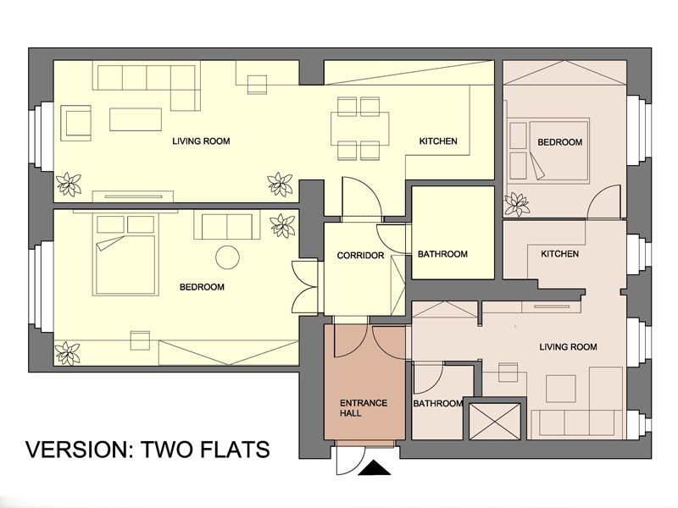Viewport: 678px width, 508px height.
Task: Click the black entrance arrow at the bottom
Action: [375, 468]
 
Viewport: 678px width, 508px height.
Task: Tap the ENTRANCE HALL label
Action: [364, 408]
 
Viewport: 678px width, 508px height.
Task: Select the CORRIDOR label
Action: [361, 256]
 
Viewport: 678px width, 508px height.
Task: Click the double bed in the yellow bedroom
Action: [125, 255]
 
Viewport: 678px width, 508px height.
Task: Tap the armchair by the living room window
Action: [76, 123]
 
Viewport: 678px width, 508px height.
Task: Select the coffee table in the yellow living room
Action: [136, 119]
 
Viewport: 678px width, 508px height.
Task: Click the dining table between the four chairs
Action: [359, 129]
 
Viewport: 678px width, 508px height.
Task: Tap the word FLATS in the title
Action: [235, 450]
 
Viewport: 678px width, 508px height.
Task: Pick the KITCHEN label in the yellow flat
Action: [438, 141]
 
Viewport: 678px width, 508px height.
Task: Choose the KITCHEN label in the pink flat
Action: [560, 254]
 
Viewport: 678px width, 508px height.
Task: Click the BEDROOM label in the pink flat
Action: [560, 142]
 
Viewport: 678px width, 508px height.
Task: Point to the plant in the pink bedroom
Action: [517, 204]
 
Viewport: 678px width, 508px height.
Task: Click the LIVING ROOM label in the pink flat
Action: [568, 347]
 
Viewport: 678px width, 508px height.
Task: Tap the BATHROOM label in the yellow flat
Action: [442, 255]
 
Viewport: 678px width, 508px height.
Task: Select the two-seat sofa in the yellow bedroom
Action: [227, 225]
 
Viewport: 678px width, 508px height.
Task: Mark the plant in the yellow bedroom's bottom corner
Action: [68, 353]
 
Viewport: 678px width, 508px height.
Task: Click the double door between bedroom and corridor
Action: [305, 287]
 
